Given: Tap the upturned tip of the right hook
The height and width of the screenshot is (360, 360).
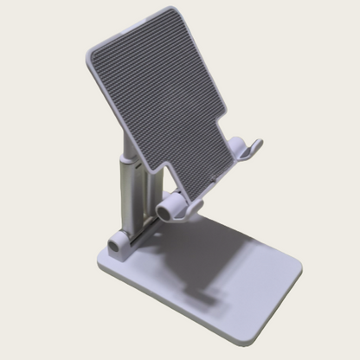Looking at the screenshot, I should point(257,143).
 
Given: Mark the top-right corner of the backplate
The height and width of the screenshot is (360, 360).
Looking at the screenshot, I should point(204,12).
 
